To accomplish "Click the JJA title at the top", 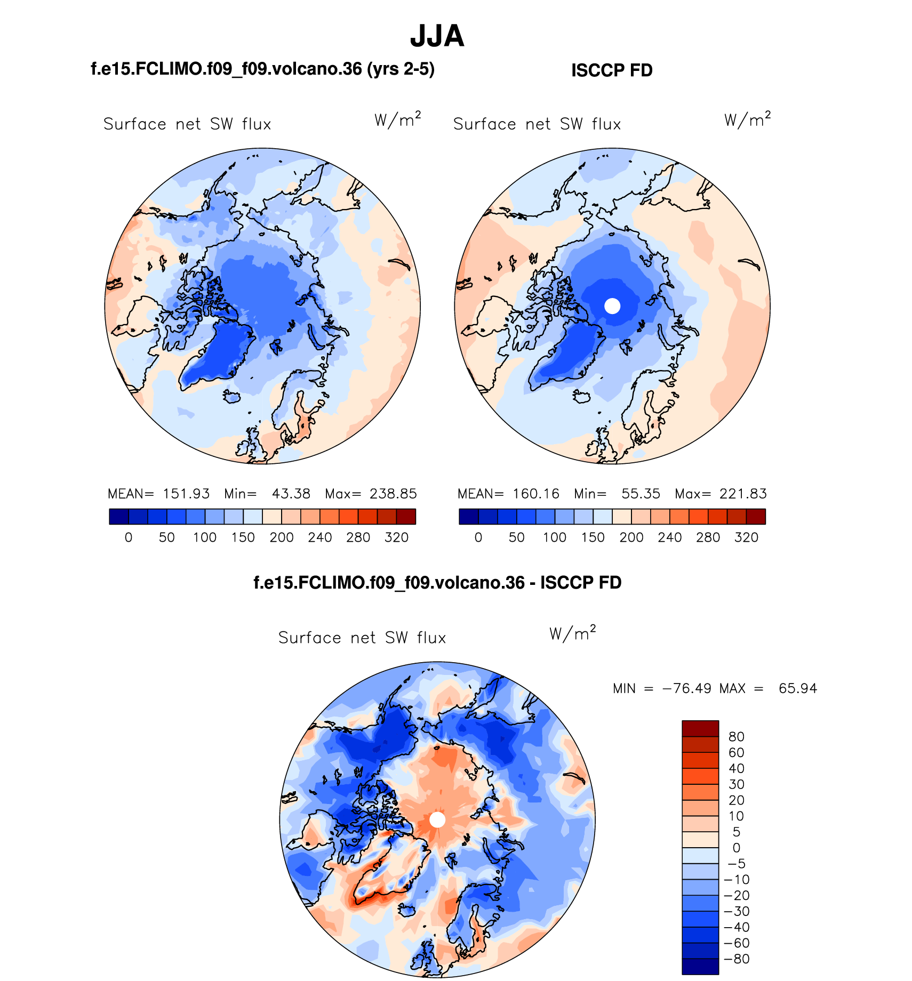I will tap(437, 36).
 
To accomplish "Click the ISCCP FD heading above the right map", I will tap(612, 70).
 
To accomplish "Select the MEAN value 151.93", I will tap(186, 494).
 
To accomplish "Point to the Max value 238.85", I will tap(393, 494).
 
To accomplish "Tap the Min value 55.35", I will tap(641, 494).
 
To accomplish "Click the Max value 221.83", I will tap(743, 494).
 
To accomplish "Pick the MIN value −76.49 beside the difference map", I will tap(687, 688).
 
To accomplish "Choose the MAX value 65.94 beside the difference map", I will tap(797, 688).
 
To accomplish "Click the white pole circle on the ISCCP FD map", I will tap(612, 306).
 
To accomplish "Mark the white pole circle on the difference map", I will tap(437, 819).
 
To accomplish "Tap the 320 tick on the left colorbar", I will tap(396, 537).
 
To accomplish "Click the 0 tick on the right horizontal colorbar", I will tap(478, 537).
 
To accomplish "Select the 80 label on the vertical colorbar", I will tap(736, 737).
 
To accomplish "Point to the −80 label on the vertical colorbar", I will tap(736, 959).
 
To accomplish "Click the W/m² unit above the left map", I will tap(398, 119).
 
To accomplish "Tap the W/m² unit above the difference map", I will tap(572, 633).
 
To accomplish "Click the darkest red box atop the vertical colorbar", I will tap(700, 728).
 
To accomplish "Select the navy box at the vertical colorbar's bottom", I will tap(700, 967).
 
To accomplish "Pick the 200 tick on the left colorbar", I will tap(282, 537).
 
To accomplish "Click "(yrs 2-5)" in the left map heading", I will tap(401, 69).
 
